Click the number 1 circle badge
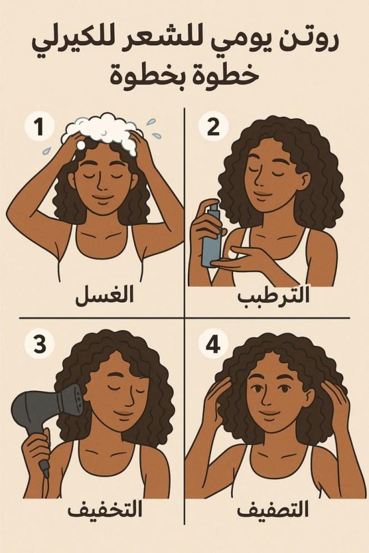pos(39,127)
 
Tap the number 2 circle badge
pos(213,127)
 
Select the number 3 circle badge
pos(39,344)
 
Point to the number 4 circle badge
pos(213,344)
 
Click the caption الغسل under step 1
pos(105,295)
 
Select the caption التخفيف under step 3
pos(105,510)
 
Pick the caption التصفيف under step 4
pos(273,510)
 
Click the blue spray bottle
pos(211,234)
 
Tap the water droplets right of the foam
pos(152,128)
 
